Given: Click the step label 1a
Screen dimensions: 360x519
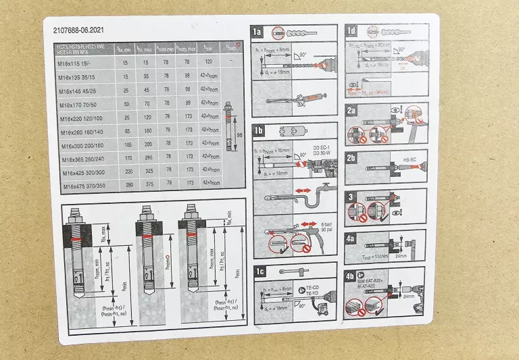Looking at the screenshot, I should (257, 32).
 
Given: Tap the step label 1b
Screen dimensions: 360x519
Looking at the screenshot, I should (258, 130).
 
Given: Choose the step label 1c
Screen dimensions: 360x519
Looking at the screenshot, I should (258, 272).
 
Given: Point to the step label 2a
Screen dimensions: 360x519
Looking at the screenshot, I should (351, 110).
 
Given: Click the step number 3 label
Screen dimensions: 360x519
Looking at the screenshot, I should (350, 197).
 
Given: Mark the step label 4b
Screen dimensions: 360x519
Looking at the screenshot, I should (350, 275).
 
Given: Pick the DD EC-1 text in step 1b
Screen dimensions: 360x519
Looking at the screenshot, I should (322, 147).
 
